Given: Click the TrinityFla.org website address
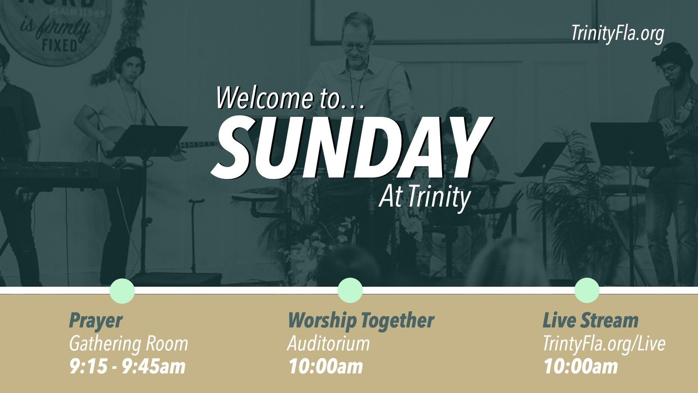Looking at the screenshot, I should pyautogui.click(x=617, y=34).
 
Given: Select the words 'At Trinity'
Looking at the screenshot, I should pyautogui.click(x=424, y=197).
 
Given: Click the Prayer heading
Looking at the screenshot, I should pyautogui.click(x=95, y=321).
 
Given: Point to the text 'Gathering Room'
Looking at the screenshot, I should pyautogui.click(x=128, y=344).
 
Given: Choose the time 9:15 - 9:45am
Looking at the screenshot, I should pyautogui.click(x=127, y=366).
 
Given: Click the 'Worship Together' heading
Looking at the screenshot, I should pyautogui.click(x=361, y=321).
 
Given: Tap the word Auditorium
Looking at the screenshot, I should pyautogui.click(x=329, y=344).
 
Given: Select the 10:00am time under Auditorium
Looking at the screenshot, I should pyautogui.click(x=326, y=366).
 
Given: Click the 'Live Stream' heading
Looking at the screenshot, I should pyautogui.click(x=591, y=321).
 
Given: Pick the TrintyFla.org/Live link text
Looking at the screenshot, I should pyautogui.click(x=604, y=344).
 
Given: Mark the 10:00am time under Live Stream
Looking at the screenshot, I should pyautogui.click(x=581, y=366).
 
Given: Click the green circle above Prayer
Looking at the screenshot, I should pyautogui.click(x=122, y=291).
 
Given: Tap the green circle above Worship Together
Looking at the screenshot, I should pyautogui.click(x=350, y=290).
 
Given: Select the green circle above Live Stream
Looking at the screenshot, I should pyautogui.click(x=587, y=290).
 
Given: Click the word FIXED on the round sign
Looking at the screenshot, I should pyautogui.click(x=59, y=45).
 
